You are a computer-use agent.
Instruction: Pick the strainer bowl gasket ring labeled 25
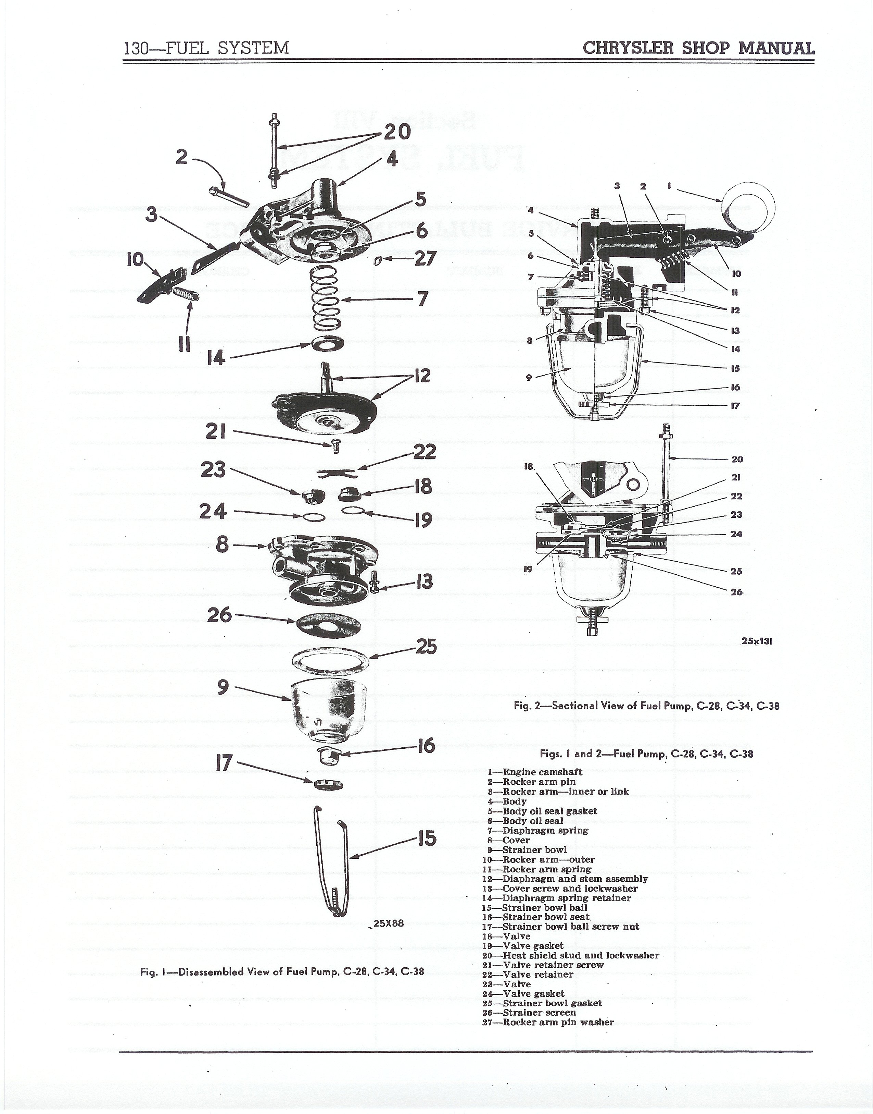point(330,660)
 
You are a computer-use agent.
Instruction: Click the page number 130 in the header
point(136,48)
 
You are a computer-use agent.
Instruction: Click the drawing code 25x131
point(757,641)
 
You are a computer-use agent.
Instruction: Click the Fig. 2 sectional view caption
point(647,706)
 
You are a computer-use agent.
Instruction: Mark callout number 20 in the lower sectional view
point(737,459)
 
